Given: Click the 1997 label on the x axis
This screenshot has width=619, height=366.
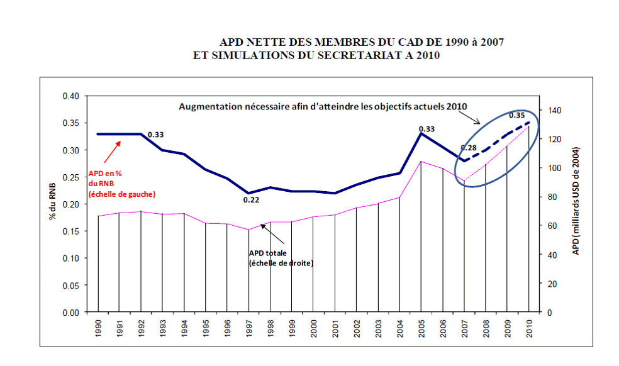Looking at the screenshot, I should tap(248, 328).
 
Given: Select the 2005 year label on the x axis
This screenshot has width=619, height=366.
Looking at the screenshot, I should tap(421, 328).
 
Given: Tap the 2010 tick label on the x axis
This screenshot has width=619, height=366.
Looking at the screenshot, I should tap(530, 328).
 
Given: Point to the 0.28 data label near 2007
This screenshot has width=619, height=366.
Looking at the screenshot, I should tap(469, 148).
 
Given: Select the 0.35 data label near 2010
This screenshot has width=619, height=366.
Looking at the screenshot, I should tap(516, 115).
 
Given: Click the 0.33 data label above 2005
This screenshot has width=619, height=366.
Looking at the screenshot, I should tap(428, 128).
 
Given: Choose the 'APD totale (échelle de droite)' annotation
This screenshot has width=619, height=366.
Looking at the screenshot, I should tap(281, 257).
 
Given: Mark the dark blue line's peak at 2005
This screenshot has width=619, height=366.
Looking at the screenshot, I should tap(421, 133).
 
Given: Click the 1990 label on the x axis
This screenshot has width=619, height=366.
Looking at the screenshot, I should tap(98, 328).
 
